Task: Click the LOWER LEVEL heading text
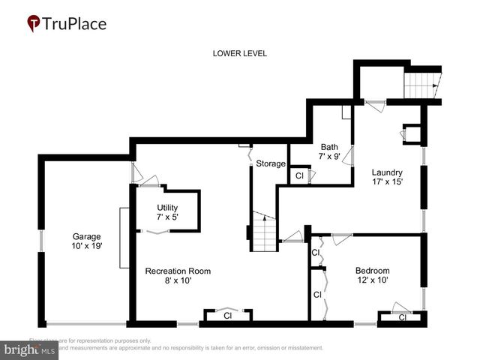click(x=240, y=53)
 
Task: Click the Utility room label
click(x=167, y=208)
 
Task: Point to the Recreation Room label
click(x=178, y=271)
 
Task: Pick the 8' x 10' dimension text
click(x=178, y=281)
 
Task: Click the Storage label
click(x=271, y=163)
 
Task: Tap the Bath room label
click(x=330, y=147)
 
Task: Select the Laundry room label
click(x=387, y=172)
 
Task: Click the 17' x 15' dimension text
click(x=387, y=182)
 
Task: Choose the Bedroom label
click(x=373, y=271)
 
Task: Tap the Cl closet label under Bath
click(x=298, y=176)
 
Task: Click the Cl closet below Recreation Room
click(x=227, y=316)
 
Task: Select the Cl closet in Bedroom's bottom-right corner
click(x=401, y=318)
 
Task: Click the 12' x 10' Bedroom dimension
click(x=373, y=281)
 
